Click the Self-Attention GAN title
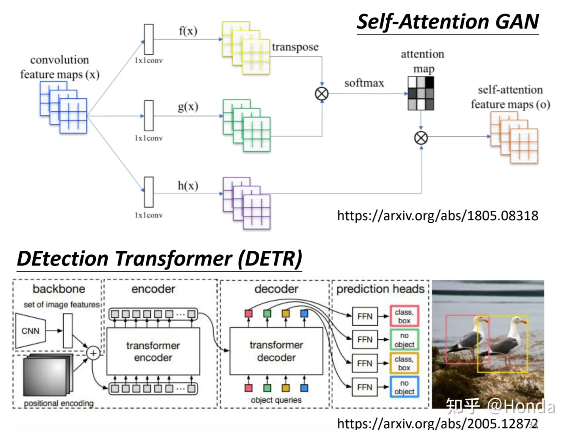tap(447, 22)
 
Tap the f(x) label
tap(188, 31)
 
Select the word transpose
tap(295, 47)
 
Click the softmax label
tap(364, 83)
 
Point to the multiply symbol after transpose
tap(322, 94)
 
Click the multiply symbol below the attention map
tap(421, 138)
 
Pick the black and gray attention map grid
tap(421, 94)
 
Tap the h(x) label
tap(188, 185)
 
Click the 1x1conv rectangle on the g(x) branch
tap(149, 116)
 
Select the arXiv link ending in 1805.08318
tap(437, 216)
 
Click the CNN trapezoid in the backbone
tap(30, 331)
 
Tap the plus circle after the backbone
tap(93, 353)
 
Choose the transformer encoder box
tap(153, 352)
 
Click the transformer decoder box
tap(276, 351)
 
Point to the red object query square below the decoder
tap(249, 388)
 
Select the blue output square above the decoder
tap(304, 314)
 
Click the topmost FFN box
tap(365, 316)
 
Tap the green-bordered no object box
tap(404, 340)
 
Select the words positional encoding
tap(59, 403)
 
